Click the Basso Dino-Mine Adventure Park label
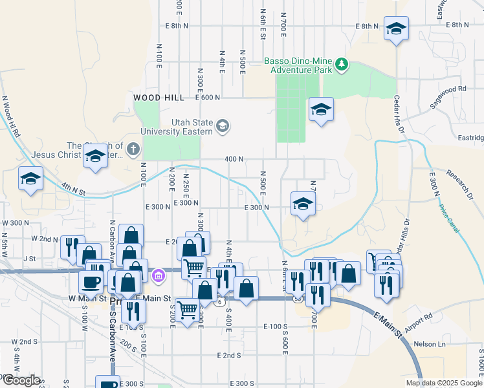[x=298, y=65]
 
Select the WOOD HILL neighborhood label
[x=155, y=98]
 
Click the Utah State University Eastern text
[x=192, y=127]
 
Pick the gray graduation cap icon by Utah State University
[x=223, y=125]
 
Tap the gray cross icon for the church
[x=133, y=150]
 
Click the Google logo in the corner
[x=21, y=380]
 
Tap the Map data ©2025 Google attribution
[x=444, y=383]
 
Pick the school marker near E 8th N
[x=396, y=28]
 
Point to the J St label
[x=28, y=258]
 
